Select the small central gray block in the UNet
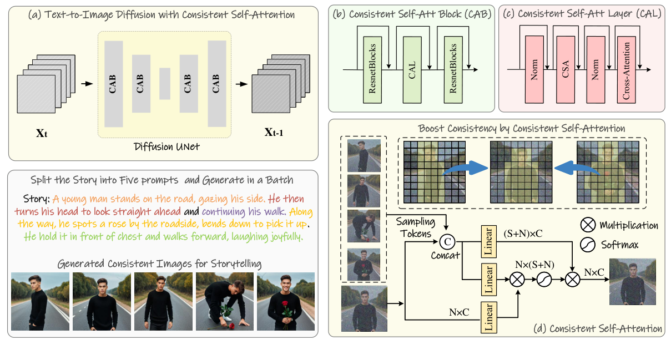tap(164, 84)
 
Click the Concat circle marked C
tap(447, 241)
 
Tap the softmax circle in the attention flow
tap(544, 281)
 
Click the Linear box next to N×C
tap(489, 317)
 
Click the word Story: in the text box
tap(37, 199)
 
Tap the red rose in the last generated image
tap(286, 306)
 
